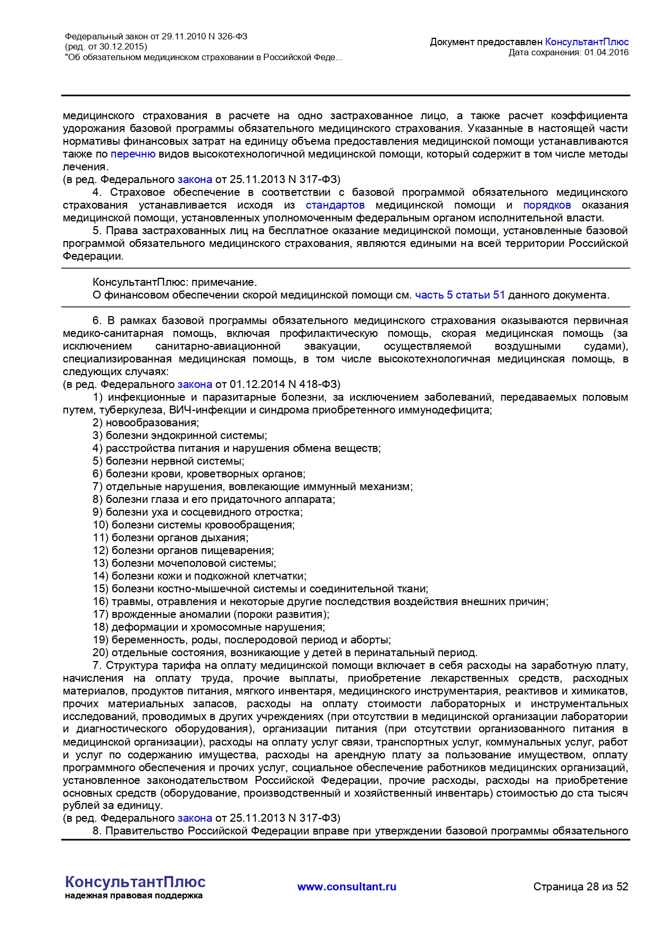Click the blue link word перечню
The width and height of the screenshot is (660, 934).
pos(133,154)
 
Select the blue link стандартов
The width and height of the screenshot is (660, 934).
pos(335,205)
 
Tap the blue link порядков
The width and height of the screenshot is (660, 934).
pos(547,205)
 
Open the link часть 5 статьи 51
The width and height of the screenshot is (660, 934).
pos(460,295)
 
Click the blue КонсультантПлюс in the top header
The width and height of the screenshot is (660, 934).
pos(587,42)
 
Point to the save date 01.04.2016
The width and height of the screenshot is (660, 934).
pos(606,52)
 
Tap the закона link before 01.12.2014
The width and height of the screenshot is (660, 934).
pos(195,384)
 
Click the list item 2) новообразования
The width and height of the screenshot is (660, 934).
pos(146,423)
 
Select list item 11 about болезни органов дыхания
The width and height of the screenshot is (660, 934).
pos(170,538)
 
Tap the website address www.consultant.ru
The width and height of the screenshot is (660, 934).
pos(347,887)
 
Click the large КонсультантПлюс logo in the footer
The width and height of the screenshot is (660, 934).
pos(135,882)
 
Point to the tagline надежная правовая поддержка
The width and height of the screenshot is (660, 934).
pos(133,896)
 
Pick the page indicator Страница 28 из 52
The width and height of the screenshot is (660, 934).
pos(581,887)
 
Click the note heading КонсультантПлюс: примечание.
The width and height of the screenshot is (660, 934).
pos(174,282)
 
